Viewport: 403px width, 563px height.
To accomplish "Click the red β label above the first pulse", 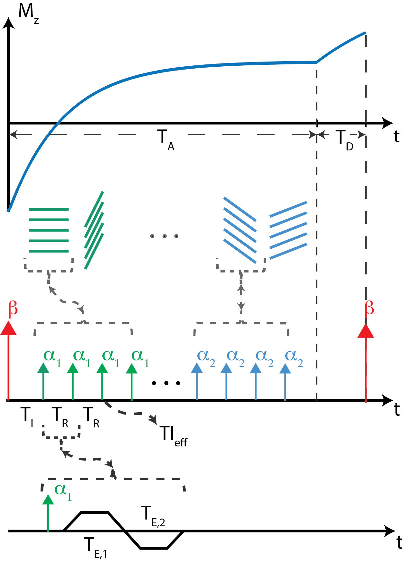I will coord(13,309).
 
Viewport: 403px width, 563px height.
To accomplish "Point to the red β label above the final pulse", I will coord(370,309).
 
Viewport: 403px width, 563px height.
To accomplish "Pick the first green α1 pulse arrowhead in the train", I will coord(43,368).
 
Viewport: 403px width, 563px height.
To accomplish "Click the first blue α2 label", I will coord(206,358).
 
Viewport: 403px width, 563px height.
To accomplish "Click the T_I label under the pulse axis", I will coord(27,416).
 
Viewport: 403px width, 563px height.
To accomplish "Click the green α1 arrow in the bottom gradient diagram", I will coord(48,512).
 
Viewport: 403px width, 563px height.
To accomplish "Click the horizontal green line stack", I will coord(49,230).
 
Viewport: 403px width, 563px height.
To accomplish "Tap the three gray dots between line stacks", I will coord(164,236).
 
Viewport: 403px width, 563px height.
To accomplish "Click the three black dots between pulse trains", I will coord(166,383).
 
